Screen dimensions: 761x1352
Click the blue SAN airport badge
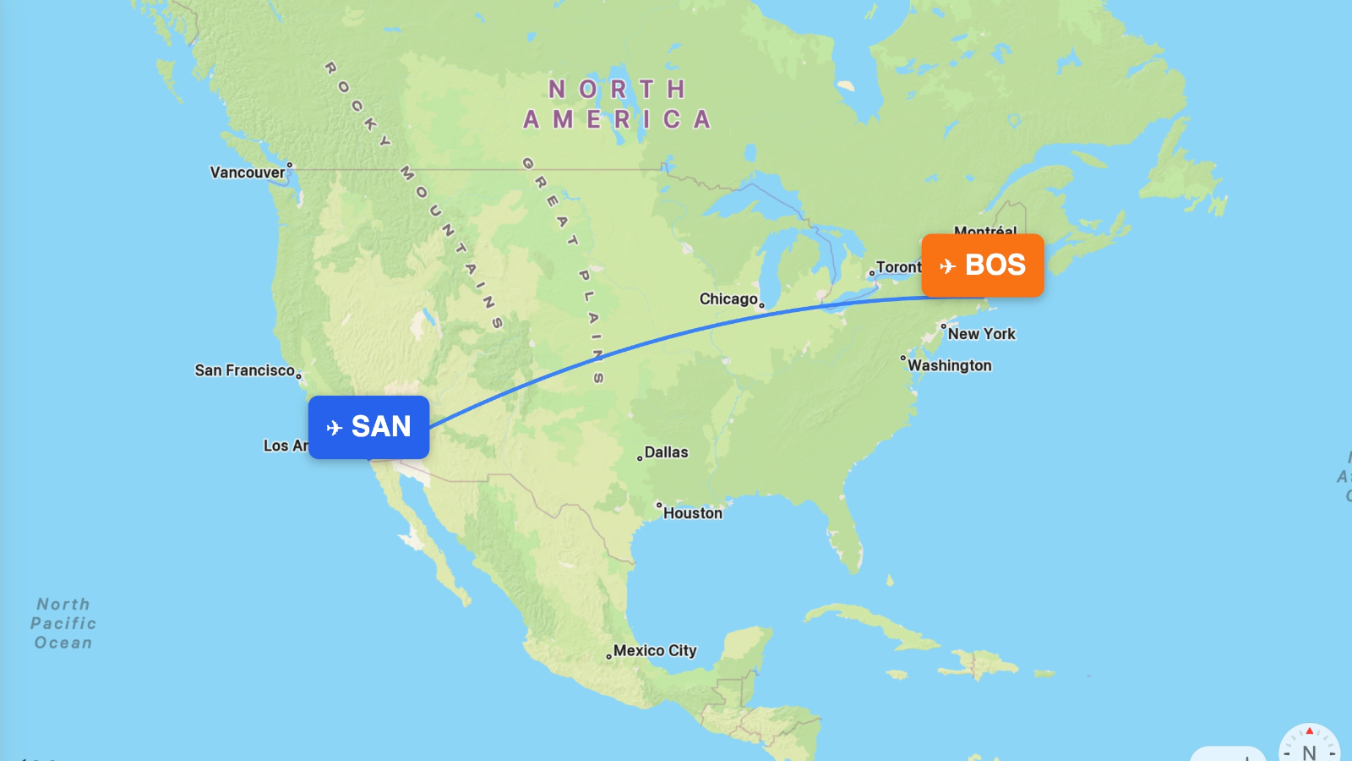(x=368, y=427)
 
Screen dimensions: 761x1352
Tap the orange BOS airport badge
(x=983, y=266)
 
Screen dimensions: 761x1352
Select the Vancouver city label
(x=248, y=172)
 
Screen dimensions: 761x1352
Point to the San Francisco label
(x=244, y=370)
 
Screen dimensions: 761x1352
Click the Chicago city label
(x=728, y=299)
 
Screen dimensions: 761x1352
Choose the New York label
(x=981, y=334)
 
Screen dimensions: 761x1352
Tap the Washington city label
(x=950, y=365)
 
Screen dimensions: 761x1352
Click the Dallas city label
(x=666, y=452)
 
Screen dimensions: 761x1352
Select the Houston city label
(x=692, y=513)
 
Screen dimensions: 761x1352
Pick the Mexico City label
(x=655, y=650)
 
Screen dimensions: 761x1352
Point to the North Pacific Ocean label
(x=63, y=623)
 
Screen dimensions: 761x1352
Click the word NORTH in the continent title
(x=617, y=90)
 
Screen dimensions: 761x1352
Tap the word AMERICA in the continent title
(x=617, y=120)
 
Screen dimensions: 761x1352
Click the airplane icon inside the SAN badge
(x=335, y=428)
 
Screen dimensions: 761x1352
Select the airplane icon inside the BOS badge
(x=948, y=266)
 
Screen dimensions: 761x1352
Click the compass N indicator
(x=1309, y=752)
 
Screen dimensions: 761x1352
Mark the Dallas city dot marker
(x=640, y=458)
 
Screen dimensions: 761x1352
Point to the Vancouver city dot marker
(x=290, y=165)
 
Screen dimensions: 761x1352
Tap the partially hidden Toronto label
(x=897, y=267)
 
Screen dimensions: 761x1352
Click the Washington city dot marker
(x=902, y=358)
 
